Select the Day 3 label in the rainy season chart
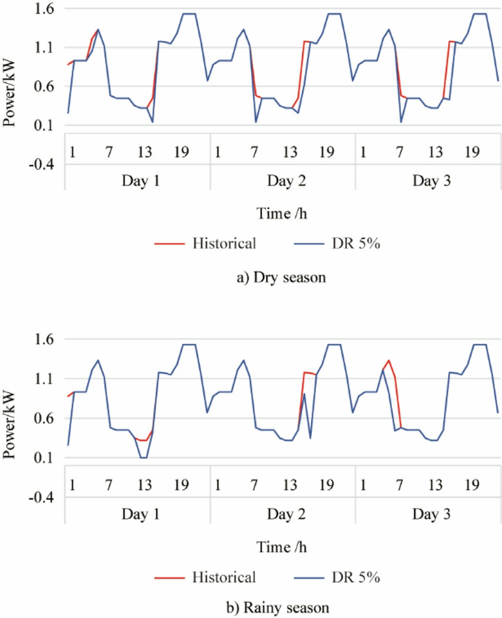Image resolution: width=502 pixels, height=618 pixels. pos(428,512)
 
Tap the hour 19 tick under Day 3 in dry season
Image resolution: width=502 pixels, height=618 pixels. pos(471,153)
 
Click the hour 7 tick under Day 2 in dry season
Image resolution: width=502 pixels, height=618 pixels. pos(254,153)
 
